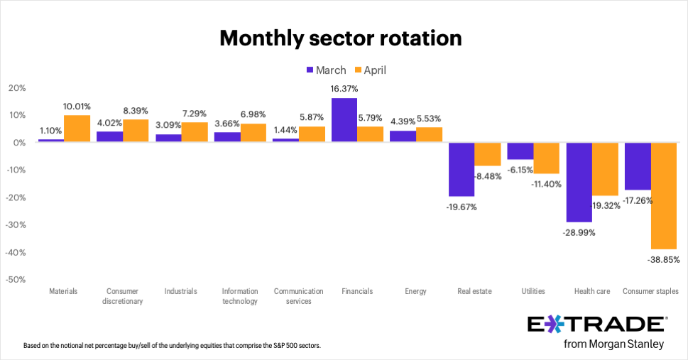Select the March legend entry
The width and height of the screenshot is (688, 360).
coord(326,70)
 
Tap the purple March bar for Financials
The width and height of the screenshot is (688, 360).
coord(345,120)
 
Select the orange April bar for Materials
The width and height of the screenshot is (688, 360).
coord(77,129)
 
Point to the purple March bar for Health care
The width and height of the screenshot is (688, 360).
coord(579,182)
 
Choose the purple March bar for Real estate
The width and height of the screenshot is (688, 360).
coord(462,169)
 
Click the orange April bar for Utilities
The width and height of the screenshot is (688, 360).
coord(547,158)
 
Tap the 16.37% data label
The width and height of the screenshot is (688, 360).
coord(344,89)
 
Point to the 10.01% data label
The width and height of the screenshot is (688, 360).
coord(77,107)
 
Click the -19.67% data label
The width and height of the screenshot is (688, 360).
coord(462,207)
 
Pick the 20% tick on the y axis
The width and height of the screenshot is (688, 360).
coord(17,88)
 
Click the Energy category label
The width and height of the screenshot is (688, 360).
coord(417,291)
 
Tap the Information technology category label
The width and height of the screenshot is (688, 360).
coord(239,296)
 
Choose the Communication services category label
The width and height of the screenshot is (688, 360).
coord(298,296)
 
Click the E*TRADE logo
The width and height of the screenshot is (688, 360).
coord(596,325)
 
